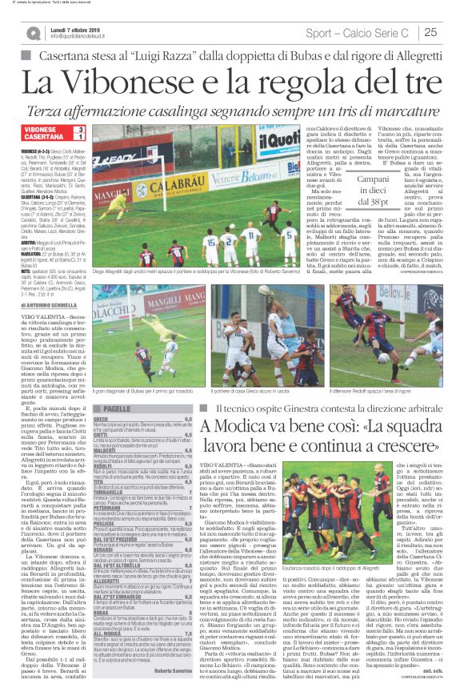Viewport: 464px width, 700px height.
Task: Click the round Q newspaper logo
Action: coord(33,33)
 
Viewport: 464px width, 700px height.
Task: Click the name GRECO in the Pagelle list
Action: coord(101,419)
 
